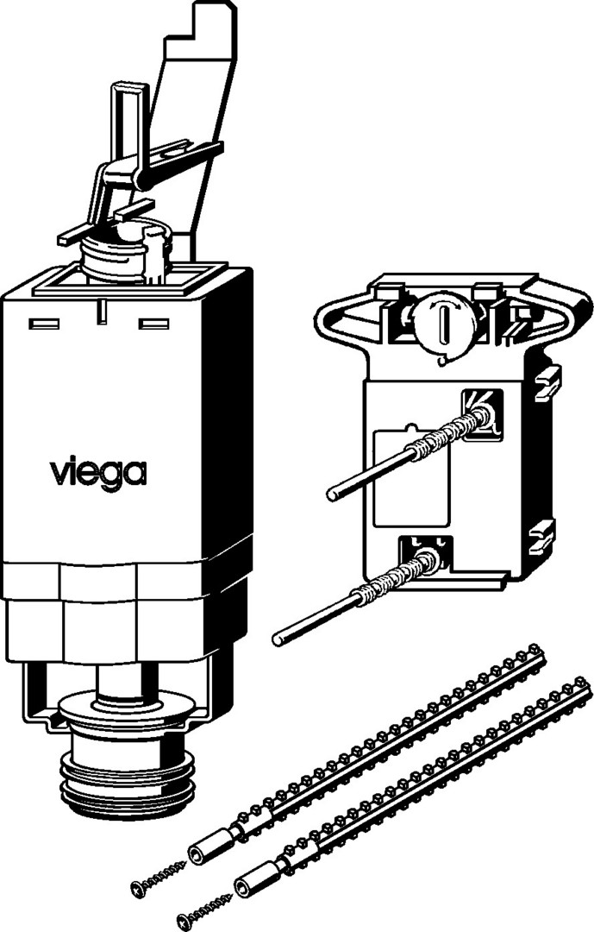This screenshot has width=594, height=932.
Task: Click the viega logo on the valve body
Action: [98, 473]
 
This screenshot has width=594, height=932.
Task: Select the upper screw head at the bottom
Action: [138, 889]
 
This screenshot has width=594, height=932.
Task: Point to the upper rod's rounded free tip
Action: [334, 494]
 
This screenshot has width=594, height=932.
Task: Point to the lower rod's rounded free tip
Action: [278, 639]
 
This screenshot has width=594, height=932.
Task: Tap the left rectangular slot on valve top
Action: [45, 324]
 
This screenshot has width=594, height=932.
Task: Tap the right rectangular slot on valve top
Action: [153, 324]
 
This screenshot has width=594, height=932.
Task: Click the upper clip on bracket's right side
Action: [547, 383]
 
